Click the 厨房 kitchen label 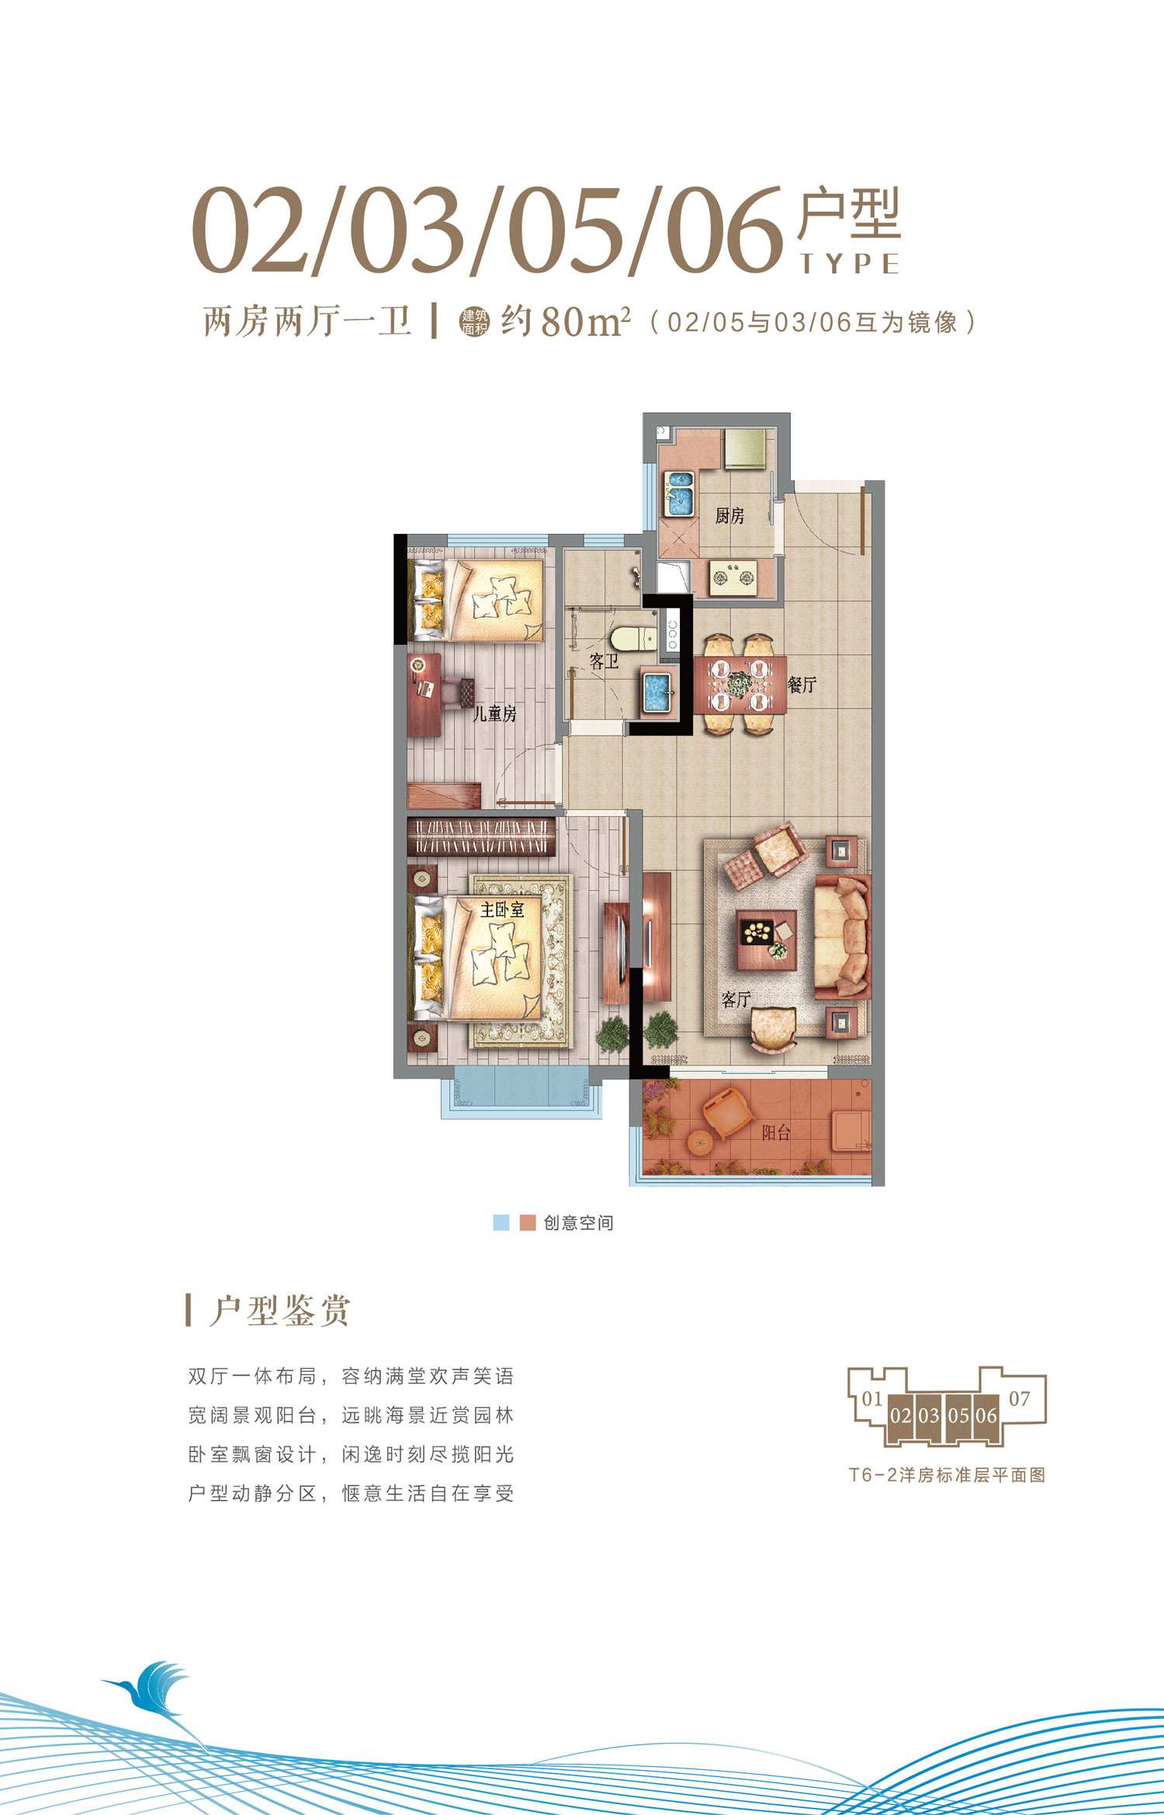pos(729,515)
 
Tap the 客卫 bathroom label pos(604,661)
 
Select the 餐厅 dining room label pos(802,684)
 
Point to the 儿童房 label pos(495,713)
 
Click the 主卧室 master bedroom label pos(502,909)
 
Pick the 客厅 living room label pos(736,999)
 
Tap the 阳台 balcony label pos(776,1133)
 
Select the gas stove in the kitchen pos(734,577)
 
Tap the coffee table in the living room pos(767,940)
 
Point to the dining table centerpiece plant pos(740,684)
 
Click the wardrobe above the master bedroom pos(482,836)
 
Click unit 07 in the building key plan pos(1020,1398)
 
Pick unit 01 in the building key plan pos(872,1398)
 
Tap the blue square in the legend pos(501,1222)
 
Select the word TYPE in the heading pos(850,264)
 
